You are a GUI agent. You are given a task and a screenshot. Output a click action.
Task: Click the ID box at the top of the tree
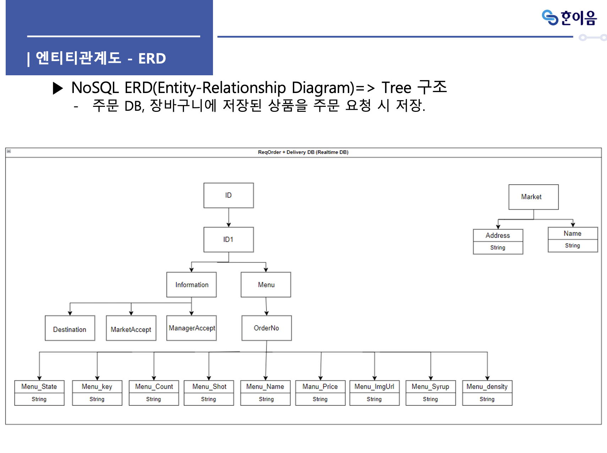(228, 195)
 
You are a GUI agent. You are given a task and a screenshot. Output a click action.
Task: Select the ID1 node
(228, 240)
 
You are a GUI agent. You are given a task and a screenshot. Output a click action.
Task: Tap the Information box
(191, 285)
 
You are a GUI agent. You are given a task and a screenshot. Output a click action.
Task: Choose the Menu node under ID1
(266, 285)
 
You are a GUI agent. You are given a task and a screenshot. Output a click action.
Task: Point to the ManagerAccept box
(191, 328)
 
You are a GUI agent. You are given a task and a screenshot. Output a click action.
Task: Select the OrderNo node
(267, 328)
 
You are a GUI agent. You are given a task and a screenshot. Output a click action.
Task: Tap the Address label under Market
(498, 235)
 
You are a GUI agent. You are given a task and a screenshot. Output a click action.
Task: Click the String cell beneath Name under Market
(573, 246)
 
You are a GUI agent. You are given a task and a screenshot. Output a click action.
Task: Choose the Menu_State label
(39, 387)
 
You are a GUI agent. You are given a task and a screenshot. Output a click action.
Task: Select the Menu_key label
(97, 387)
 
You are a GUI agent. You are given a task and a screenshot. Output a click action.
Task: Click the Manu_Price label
(320, 387)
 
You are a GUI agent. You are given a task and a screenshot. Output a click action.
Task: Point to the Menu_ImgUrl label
(374, 387)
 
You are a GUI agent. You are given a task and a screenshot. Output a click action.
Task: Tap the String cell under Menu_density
(487, 399)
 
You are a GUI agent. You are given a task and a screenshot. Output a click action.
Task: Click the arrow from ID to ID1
(229, 217)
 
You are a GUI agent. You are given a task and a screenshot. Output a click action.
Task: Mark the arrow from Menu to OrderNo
(266, 306)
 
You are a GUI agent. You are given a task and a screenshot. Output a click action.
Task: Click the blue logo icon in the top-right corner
(550, 17)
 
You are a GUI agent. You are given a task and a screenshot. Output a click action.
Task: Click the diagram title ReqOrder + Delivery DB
(303, 152)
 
